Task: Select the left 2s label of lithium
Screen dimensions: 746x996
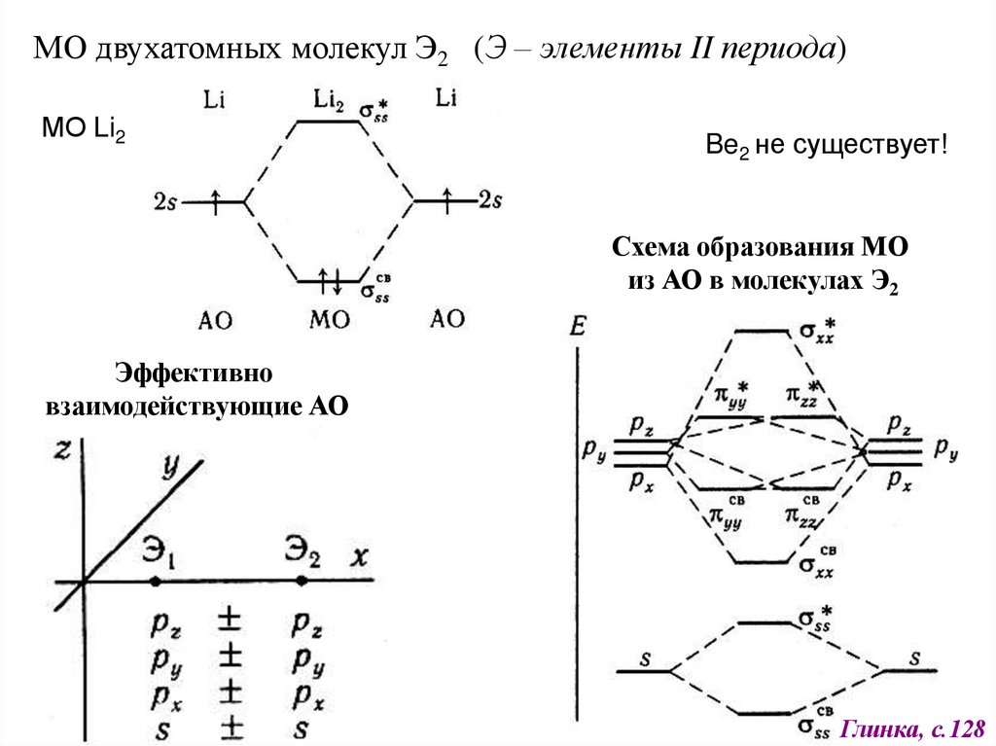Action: [x=164, y=201]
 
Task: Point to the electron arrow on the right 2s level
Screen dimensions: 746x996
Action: [x=446, y=200]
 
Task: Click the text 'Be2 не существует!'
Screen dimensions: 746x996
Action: [x=826, y=147]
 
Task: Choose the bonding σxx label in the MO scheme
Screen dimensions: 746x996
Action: [x=818, y=566]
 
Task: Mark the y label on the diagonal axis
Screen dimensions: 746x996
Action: [x=171, y=468]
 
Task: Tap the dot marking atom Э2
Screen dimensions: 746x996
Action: [x=302, y=581]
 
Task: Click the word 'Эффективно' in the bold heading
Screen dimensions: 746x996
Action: [x=195, y=373]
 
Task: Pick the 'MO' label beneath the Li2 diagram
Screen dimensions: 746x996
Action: [x=329, y=319]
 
